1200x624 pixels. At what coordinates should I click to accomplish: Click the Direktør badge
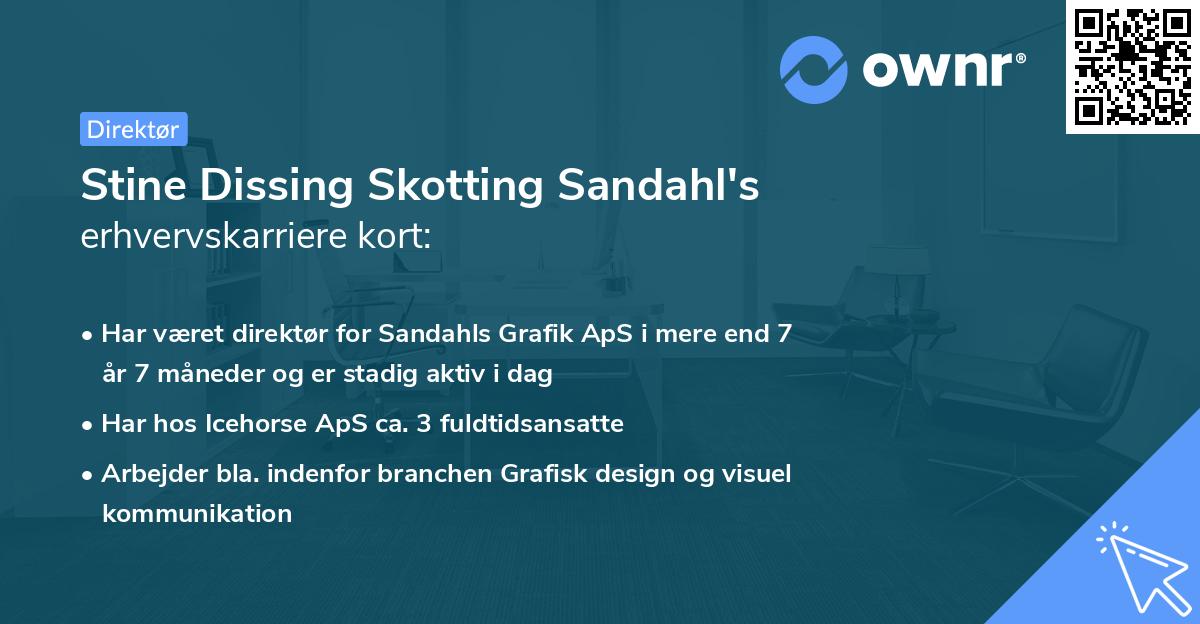[133, 129]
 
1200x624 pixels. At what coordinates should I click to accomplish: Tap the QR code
[1132, 66]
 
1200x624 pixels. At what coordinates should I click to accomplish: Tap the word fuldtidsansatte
[541, 423]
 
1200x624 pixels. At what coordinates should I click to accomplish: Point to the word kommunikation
[196, 514]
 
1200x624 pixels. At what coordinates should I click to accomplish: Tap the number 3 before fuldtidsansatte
[424, 423]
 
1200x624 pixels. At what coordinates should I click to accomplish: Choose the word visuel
[758, 473]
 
